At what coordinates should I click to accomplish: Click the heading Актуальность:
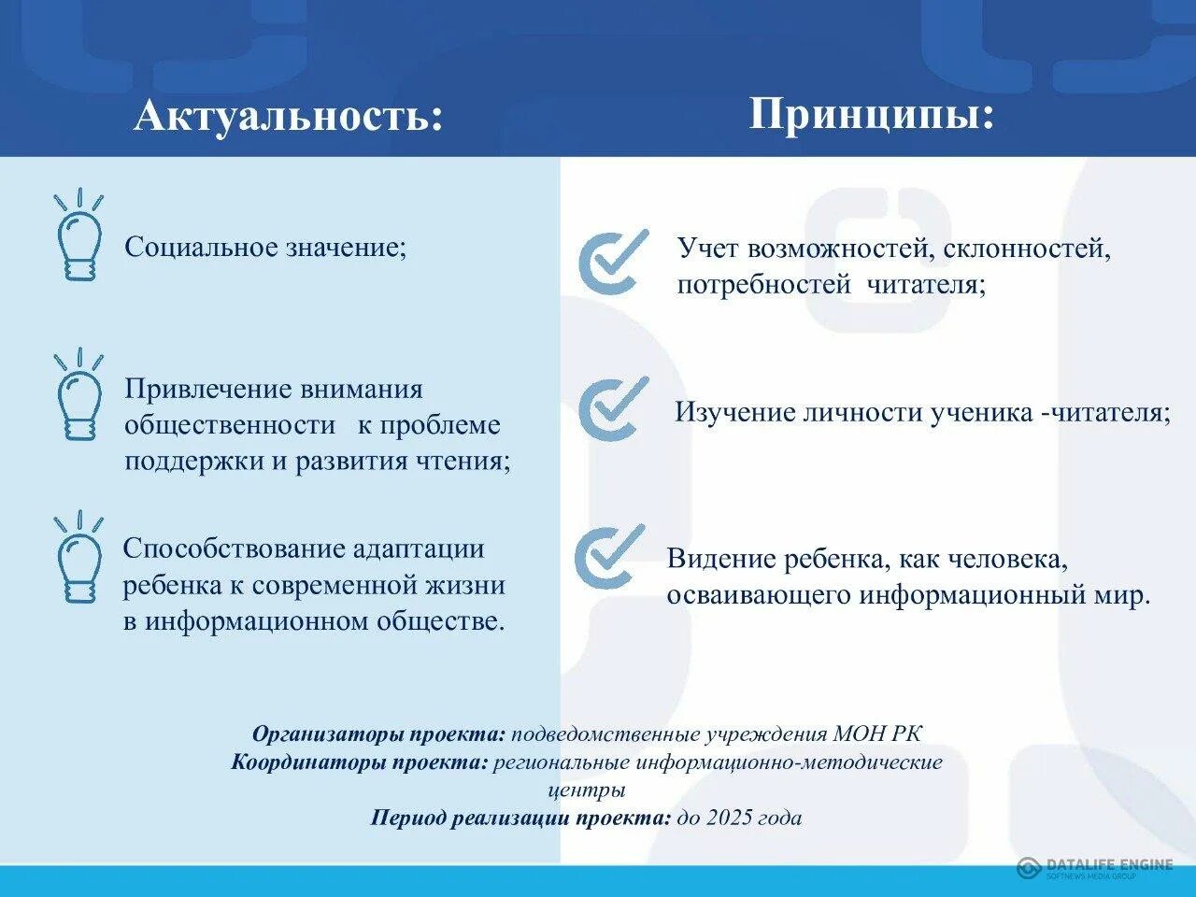pos(288,117)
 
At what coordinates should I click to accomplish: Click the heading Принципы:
pos(871,114)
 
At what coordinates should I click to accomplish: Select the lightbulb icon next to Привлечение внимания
pos(78,395)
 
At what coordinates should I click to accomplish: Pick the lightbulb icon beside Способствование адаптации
pos(78,558)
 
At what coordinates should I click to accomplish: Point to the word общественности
pos(230,425)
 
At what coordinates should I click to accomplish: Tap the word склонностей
pos(1026,249)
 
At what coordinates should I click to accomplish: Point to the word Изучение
pos(735,413)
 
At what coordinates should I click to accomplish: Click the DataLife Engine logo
pos(1094,867)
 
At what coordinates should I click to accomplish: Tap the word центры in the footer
pos(587,790)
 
